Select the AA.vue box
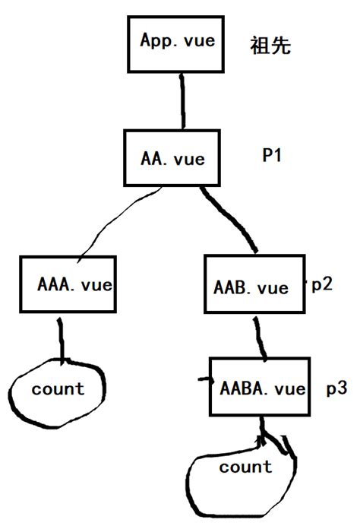coord(174,159)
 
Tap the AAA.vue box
coord(68,284)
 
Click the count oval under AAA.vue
coord(58,389)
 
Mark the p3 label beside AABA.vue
coord(336,388)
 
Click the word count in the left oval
coord(58,389)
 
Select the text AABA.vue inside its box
coord(262,388)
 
